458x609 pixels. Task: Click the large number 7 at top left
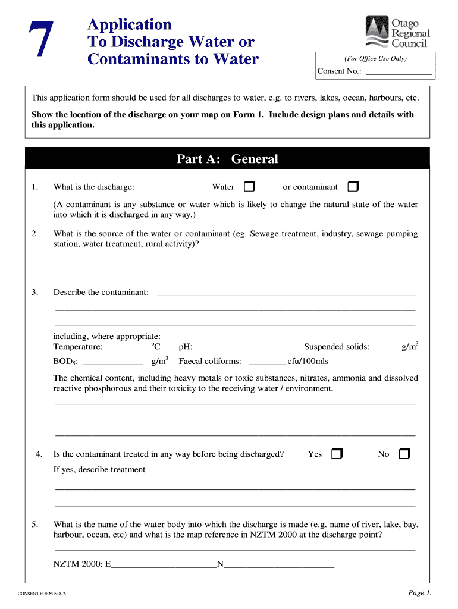[x=40, y=42]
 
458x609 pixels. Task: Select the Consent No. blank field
[x=398, y=72]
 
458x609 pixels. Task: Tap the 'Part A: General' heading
[x=227, y=159]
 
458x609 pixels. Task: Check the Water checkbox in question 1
[x=249, y=187]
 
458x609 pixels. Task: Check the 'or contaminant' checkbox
[x=353, y=187]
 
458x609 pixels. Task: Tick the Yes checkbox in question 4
[x=337, y=454]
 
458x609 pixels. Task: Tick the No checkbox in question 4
[x=404, y=454]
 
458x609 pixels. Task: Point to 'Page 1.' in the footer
[x=419, y=592]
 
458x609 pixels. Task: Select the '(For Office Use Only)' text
[x=375, y=58]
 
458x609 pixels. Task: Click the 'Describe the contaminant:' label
[x=101, y=292]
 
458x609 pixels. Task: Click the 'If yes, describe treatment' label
[x=99, y=470]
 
